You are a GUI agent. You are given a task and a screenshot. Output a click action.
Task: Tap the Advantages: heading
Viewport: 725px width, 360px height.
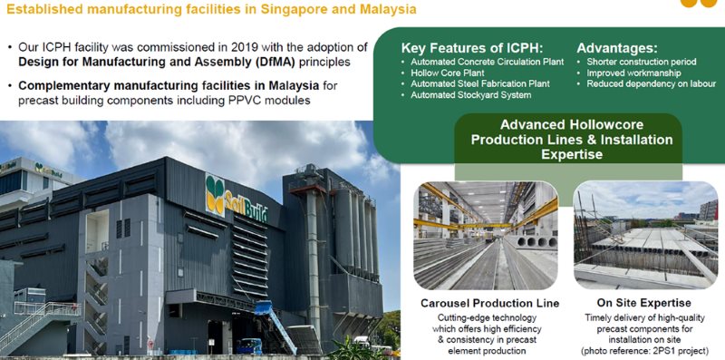pos(619,47)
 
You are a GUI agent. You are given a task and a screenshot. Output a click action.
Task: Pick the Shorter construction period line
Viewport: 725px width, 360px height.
pos(638,61)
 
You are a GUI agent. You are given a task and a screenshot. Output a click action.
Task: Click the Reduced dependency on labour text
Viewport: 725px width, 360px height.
pos(646,83)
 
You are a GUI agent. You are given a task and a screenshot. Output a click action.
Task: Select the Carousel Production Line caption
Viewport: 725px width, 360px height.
pos(489,302)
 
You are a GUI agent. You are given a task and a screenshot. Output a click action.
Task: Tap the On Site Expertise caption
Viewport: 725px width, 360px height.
pos(644,302)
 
